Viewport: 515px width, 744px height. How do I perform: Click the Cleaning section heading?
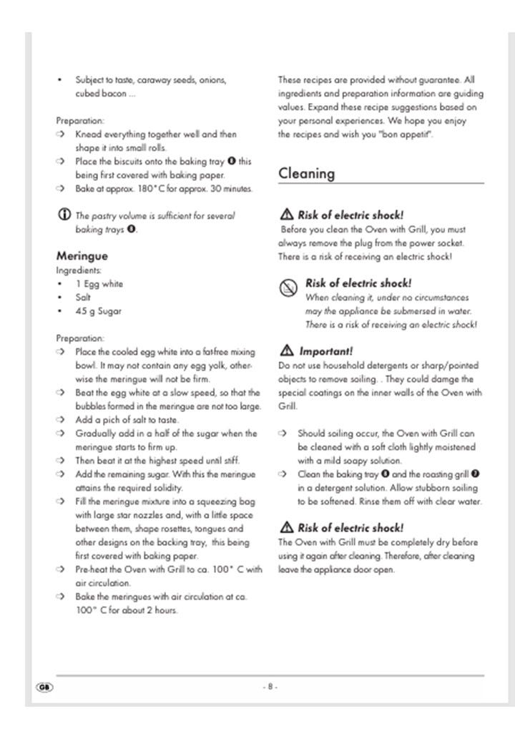306,173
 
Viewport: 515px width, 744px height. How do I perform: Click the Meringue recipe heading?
82,255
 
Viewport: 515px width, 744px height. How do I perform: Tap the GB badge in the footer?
43,687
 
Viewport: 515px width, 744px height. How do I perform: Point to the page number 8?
270,687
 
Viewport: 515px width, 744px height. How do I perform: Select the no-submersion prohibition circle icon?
288,288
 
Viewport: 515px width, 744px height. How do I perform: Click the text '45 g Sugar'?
99,311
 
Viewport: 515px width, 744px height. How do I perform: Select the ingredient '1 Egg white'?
99,284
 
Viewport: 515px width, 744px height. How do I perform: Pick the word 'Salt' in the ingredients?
84,298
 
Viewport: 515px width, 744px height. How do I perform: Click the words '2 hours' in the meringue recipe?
160,610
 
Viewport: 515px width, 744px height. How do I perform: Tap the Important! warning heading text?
325,351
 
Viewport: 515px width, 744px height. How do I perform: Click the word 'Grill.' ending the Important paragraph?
288,406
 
